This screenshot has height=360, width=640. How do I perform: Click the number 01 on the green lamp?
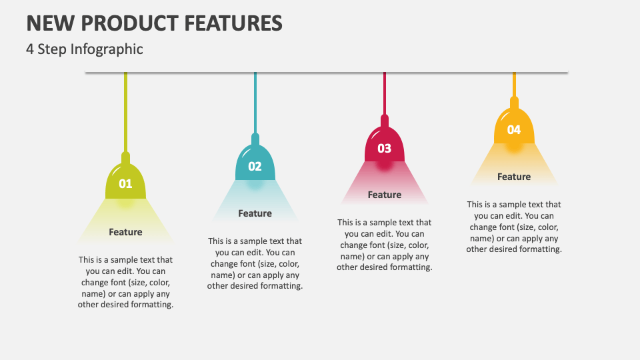(x=125, y=183)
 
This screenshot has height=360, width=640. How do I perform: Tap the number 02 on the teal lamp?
(x=255, y=166)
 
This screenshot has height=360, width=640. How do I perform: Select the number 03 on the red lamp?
(x=384, y=148)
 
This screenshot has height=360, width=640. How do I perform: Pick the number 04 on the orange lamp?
(x=513, y=129)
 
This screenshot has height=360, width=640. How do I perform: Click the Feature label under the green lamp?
(x=125, y=232)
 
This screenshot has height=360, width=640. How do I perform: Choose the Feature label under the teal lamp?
(x=255, y=213)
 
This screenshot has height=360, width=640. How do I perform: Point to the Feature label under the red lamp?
(x=384, y=195)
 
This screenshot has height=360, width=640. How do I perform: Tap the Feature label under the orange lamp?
(x=513, y=177)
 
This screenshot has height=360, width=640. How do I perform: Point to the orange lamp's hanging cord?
(x=513, y=83)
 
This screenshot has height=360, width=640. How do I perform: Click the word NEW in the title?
(x=49, y=23)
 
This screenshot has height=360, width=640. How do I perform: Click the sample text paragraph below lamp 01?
(x=125, y=282)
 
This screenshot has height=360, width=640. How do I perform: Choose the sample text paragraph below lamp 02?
(x=255, y=263)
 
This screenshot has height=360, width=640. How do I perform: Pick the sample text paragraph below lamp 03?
(x=384, y=245)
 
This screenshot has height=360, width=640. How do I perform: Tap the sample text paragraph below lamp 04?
(x=513, y=227)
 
